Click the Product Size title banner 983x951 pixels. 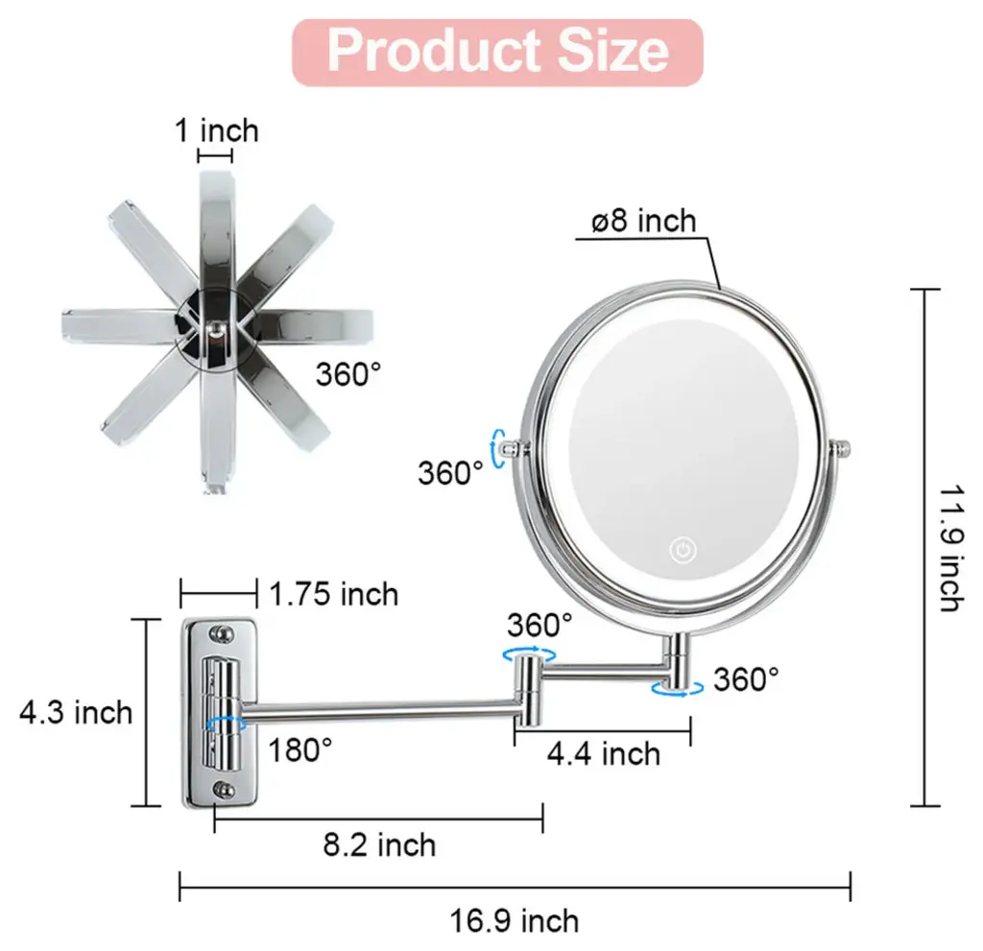point(497,52)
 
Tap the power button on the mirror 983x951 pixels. point(683,550)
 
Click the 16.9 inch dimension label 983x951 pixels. point(515,921)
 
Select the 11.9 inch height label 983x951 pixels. point(951,548)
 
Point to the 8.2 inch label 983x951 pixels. point(379,845)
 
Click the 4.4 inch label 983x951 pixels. point(604,753)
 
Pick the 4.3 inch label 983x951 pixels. point(76,713)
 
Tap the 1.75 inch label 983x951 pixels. point(333,594)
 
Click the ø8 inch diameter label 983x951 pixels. point(644,222)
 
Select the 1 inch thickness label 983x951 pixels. point(216,131)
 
